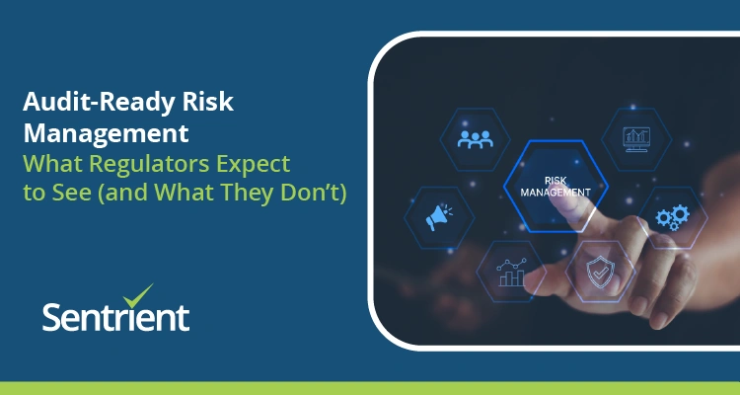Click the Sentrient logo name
click(x=115, y=317)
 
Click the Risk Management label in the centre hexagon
click(x=555, y=185)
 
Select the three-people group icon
click(x=476, y=137)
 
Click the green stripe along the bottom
click(x=370, y=387)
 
